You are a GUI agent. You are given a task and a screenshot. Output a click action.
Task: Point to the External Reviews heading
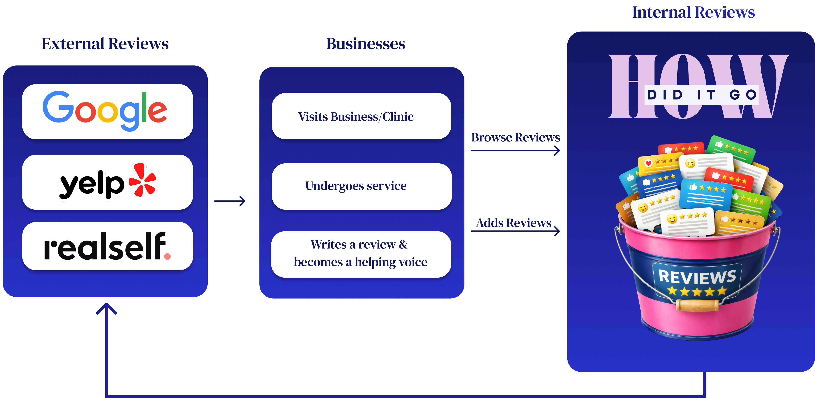105,44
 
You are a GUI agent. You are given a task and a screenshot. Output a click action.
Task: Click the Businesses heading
366,44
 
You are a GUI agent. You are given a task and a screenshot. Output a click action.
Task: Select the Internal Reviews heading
693,13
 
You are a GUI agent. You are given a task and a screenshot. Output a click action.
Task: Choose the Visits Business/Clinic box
361,116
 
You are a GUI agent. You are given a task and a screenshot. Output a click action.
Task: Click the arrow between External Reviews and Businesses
230,201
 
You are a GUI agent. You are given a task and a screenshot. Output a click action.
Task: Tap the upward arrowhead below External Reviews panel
106,308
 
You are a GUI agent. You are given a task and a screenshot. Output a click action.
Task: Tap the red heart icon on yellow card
648,163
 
